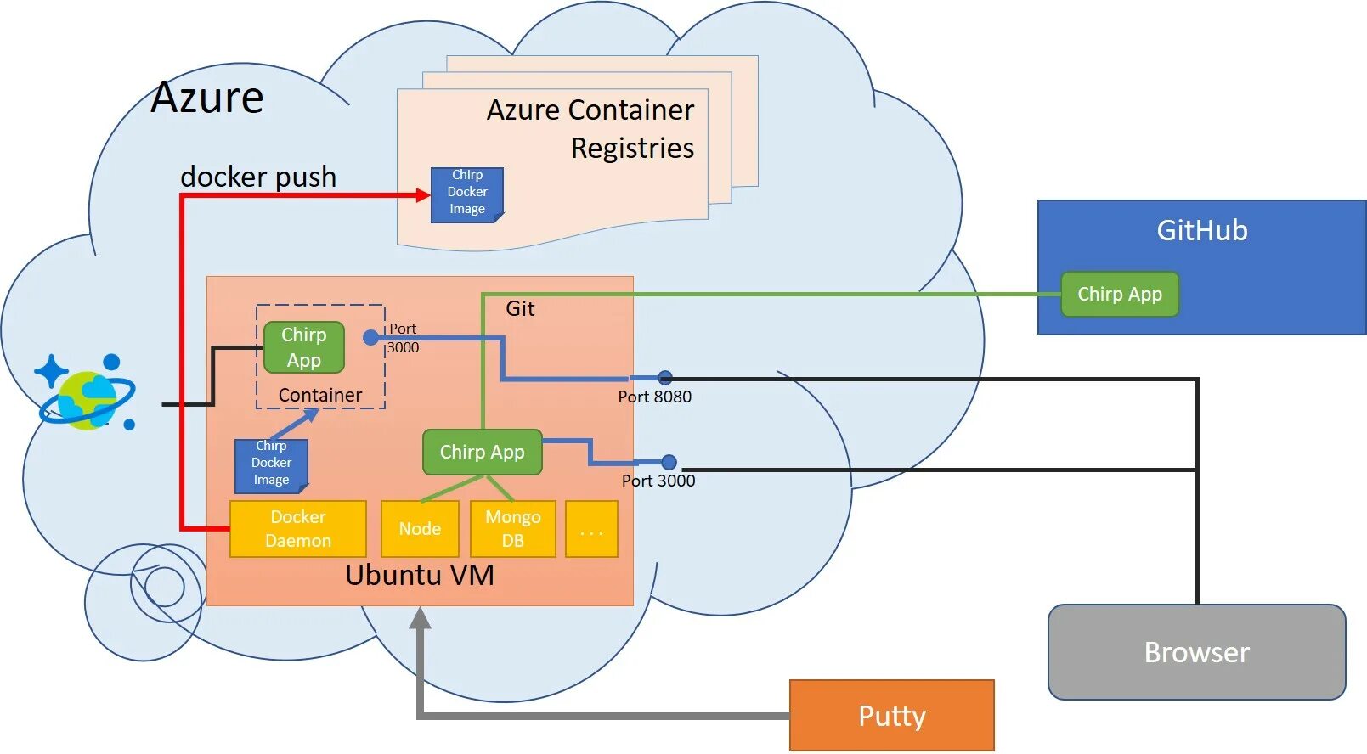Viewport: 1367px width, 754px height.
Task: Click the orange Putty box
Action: (891, 715)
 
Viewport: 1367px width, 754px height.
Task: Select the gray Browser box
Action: (1196, 652)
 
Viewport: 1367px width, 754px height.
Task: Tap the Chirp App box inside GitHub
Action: (1120, 295)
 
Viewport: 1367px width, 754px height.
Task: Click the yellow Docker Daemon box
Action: (298, 528)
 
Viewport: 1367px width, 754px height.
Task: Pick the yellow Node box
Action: (420, 528)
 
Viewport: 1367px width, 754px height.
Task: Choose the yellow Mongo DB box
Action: (512, 528)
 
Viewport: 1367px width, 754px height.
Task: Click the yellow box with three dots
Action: (591, 529)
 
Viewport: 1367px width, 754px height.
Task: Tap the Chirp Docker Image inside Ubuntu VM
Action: (271, 464)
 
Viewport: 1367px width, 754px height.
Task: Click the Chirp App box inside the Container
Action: (304, 347)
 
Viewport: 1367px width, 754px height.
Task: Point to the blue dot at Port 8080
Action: (665, 378)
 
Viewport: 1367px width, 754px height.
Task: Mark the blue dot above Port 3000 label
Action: (669, 462)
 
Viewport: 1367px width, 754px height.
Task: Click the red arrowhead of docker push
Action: (423, 195)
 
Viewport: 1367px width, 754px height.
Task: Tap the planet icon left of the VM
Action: (88, 396)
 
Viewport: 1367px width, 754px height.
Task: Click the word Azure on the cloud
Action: (207, 98)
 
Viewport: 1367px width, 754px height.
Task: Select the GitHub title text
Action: (1201, 230)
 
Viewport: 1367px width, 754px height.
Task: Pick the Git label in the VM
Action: (520, 308)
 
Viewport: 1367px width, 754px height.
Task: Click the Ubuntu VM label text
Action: (420, 576)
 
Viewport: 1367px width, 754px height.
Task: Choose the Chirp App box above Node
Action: (482, 452)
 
